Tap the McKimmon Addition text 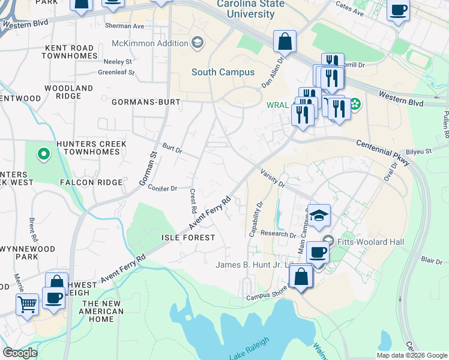pyautogui.click(x=149, y=43)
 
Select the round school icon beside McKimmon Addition pyautogui.click(x=197, y=42)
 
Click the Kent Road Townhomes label pyautogui.click(x=70, y=52)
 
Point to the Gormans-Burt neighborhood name pyautogui.click(x=146, y=102)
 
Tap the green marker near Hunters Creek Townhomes pyautogui.click(x=43, y=155)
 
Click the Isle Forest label pyautogui.click(x=188, y=238)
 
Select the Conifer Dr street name pyautogui.click(x=163, y=188)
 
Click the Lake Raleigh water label pyautogui.click(x=249, y=349)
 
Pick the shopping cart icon pyautogui.click(x=28, y=305)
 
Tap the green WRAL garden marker pyautogui.click(x=355, y=104)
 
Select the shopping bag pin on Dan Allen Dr pyautogui.click(x=285, y=41)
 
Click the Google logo pyautogui.click(x=20, y=353)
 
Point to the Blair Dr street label pyautogui.click(x=432, y=260)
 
